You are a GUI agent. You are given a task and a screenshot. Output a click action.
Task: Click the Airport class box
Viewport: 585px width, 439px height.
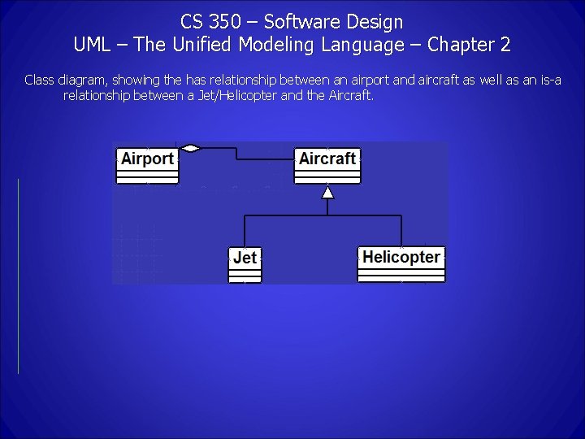click(x=147, y=163)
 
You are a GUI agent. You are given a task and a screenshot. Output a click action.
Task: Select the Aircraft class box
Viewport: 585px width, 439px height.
click(x=327, y=163)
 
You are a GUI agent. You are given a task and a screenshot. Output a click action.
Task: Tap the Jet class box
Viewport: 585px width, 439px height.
click(x=245, y=263)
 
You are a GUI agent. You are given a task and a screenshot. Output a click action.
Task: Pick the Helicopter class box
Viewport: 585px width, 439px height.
click(x=401, y=263)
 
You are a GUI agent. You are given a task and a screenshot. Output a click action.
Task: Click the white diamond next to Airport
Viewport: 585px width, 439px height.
click(x=190, y=148)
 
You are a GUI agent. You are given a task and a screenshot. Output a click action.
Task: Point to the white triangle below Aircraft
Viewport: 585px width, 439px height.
click(x=327, y=192)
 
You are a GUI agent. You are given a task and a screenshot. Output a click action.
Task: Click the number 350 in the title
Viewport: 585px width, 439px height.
click(x=224, y=21)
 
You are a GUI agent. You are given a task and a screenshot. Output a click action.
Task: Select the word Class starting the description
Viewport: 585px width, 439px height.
click(x=38, y=80)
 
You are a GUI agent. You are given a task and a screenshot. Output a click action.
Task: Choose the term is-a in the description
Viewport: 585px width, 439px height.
click(x=548, y=80)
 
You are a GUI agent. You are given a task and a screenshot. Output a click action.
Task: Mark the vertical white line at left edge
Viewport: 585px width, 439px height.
click(x=18, y=276)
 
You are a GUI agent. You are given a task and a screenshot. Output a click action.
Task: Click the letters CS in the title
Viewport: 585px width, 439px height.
click(x=193, y=21)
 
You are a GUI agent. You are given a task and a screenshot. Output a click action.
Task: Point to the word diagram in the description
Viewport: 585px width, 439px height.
click(x=80, y=80)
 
